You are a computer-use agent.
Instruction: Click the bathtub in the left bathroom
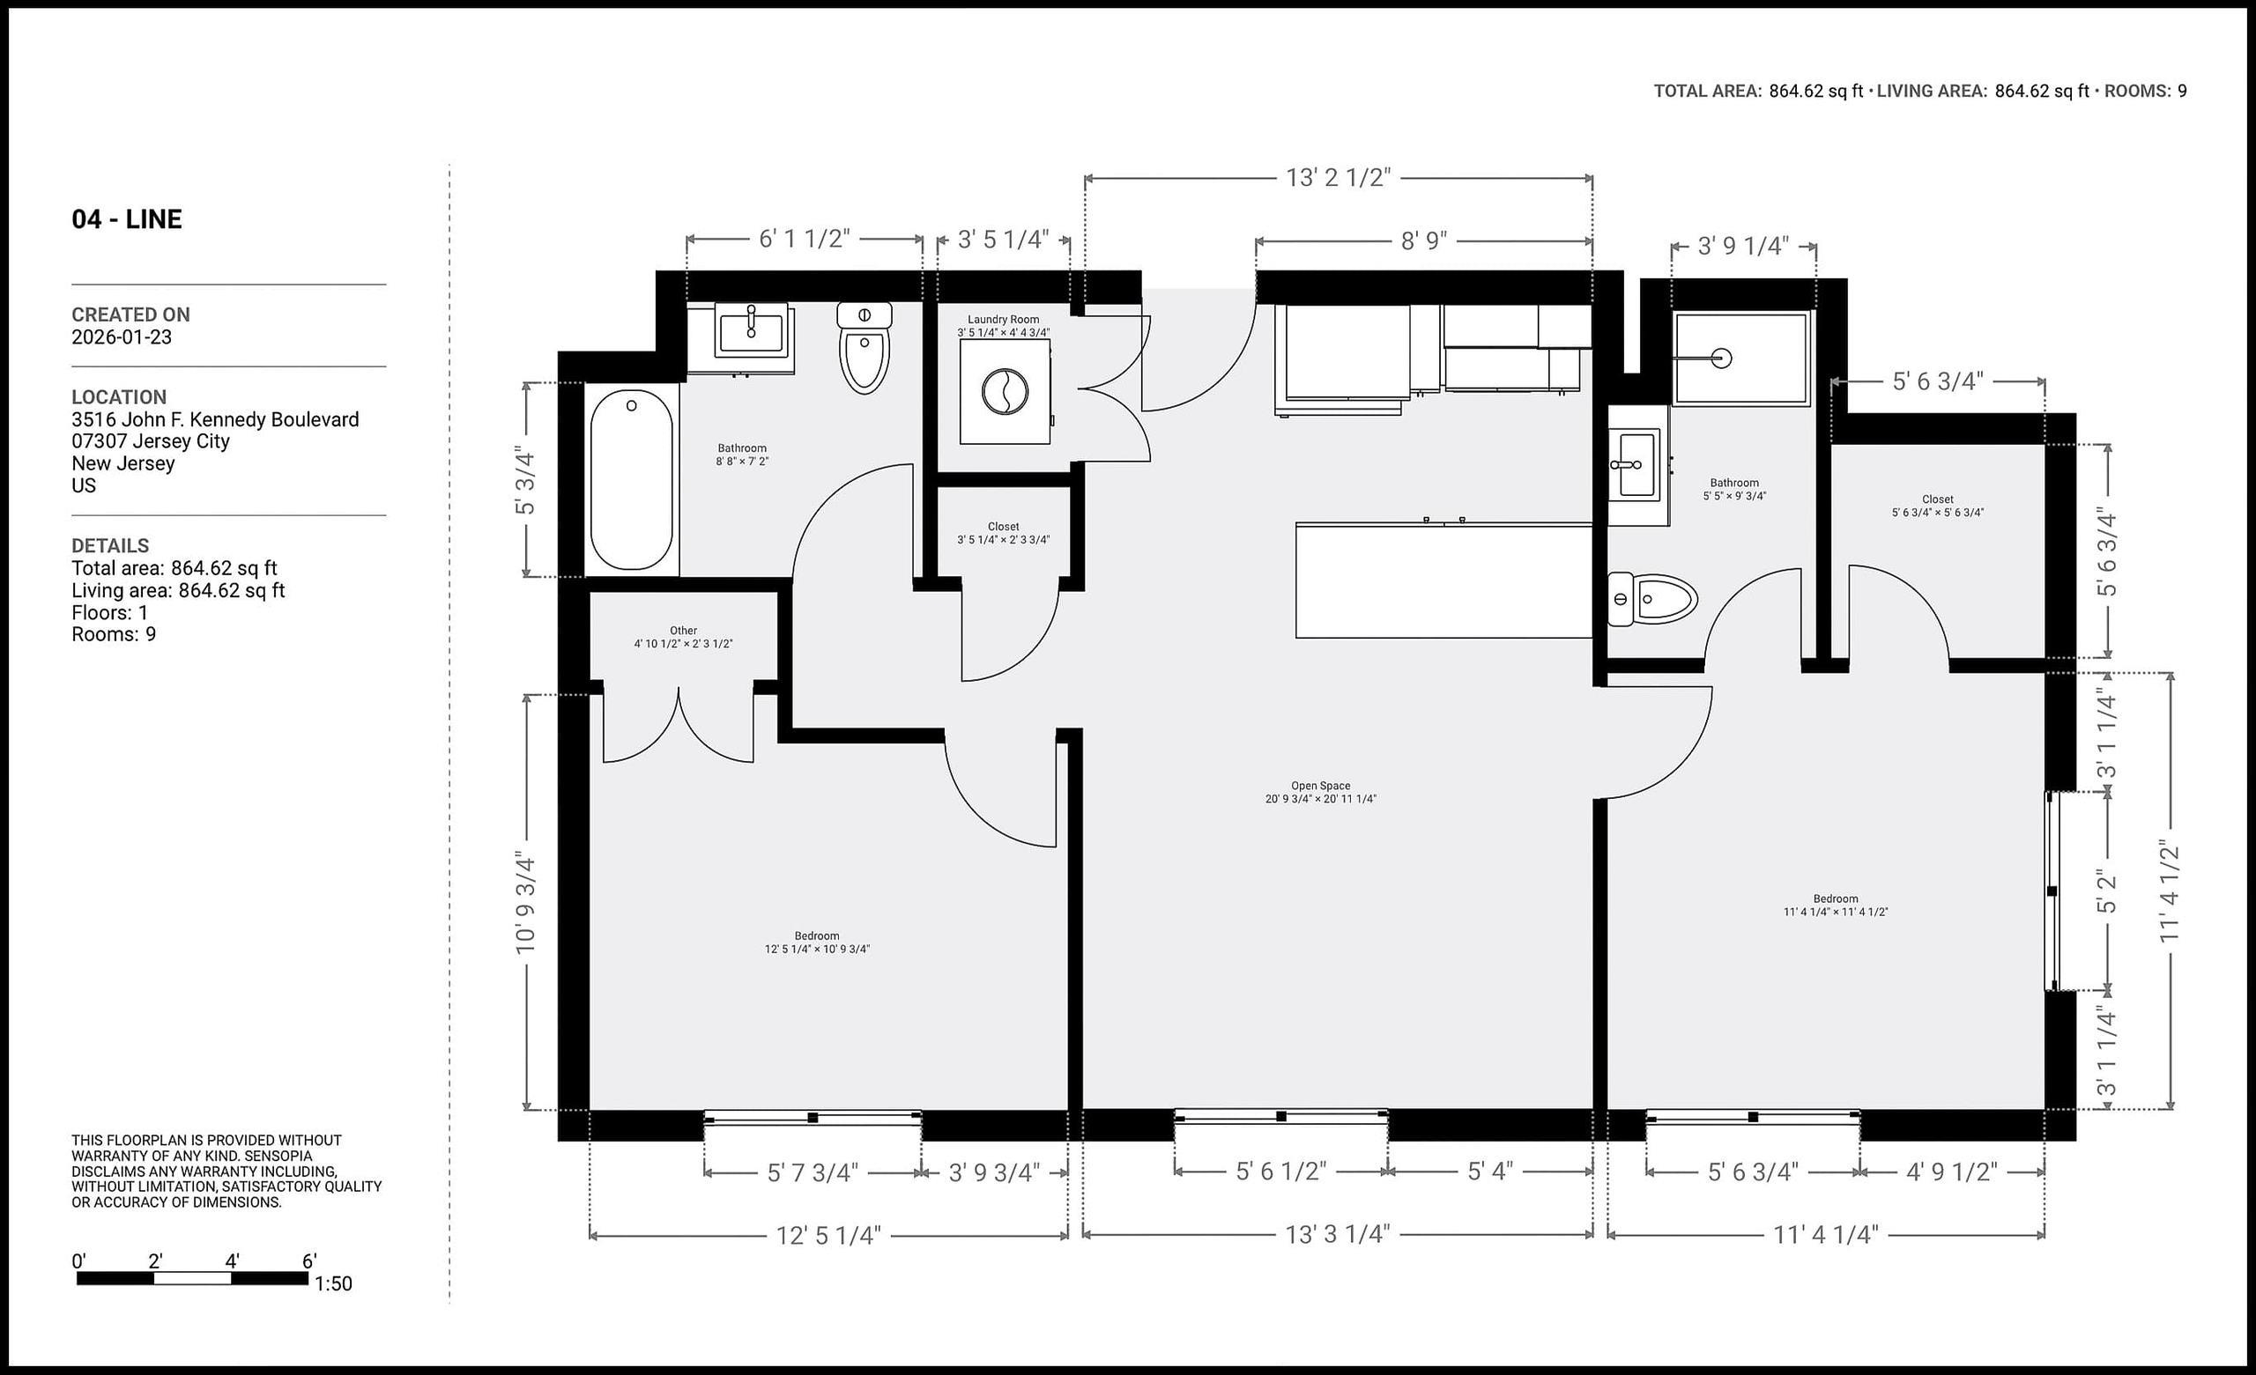tap(631, 479)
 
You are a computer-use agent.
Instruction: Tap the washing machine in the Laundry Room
tap(1005, 392)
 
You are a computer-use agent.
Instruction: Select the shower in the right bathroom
tap(1740, 358)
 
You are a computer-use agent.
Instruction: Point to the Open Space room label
tap(1320, 792)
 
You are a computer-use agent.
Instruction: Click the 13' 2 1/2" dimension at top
tap(1338, 178)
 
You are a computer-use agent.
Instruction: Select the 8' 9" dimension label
tap(1424, 240)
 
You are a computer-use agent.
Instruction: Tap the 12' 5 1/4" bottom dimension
tap(827, 1235)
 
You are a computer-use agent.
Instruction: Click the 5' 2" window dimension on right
tap(2107, 891)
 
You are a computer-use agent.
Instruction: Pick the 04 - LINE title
tap(126, 218)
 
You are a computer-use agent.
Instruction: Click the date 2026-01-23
tap(122, 336)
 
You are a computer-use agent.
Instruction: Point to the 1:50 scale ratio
tap(333, 1283)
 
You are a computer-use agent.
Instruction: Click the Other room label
tap(683, 637)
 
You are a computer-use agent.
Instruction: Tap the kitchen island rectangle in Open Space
tap(1443, 580)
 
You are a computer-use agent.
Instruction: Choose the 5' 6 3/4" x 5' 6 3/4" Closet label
tap(1937, 506)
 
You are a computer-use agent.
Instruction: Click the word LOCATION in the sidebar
tap(119, 397)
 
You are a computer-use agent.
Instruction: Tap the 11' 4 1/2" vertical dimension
tap(2169, 891)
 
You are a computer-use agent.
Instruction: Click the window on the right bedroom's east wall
tap(2052, 891)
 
